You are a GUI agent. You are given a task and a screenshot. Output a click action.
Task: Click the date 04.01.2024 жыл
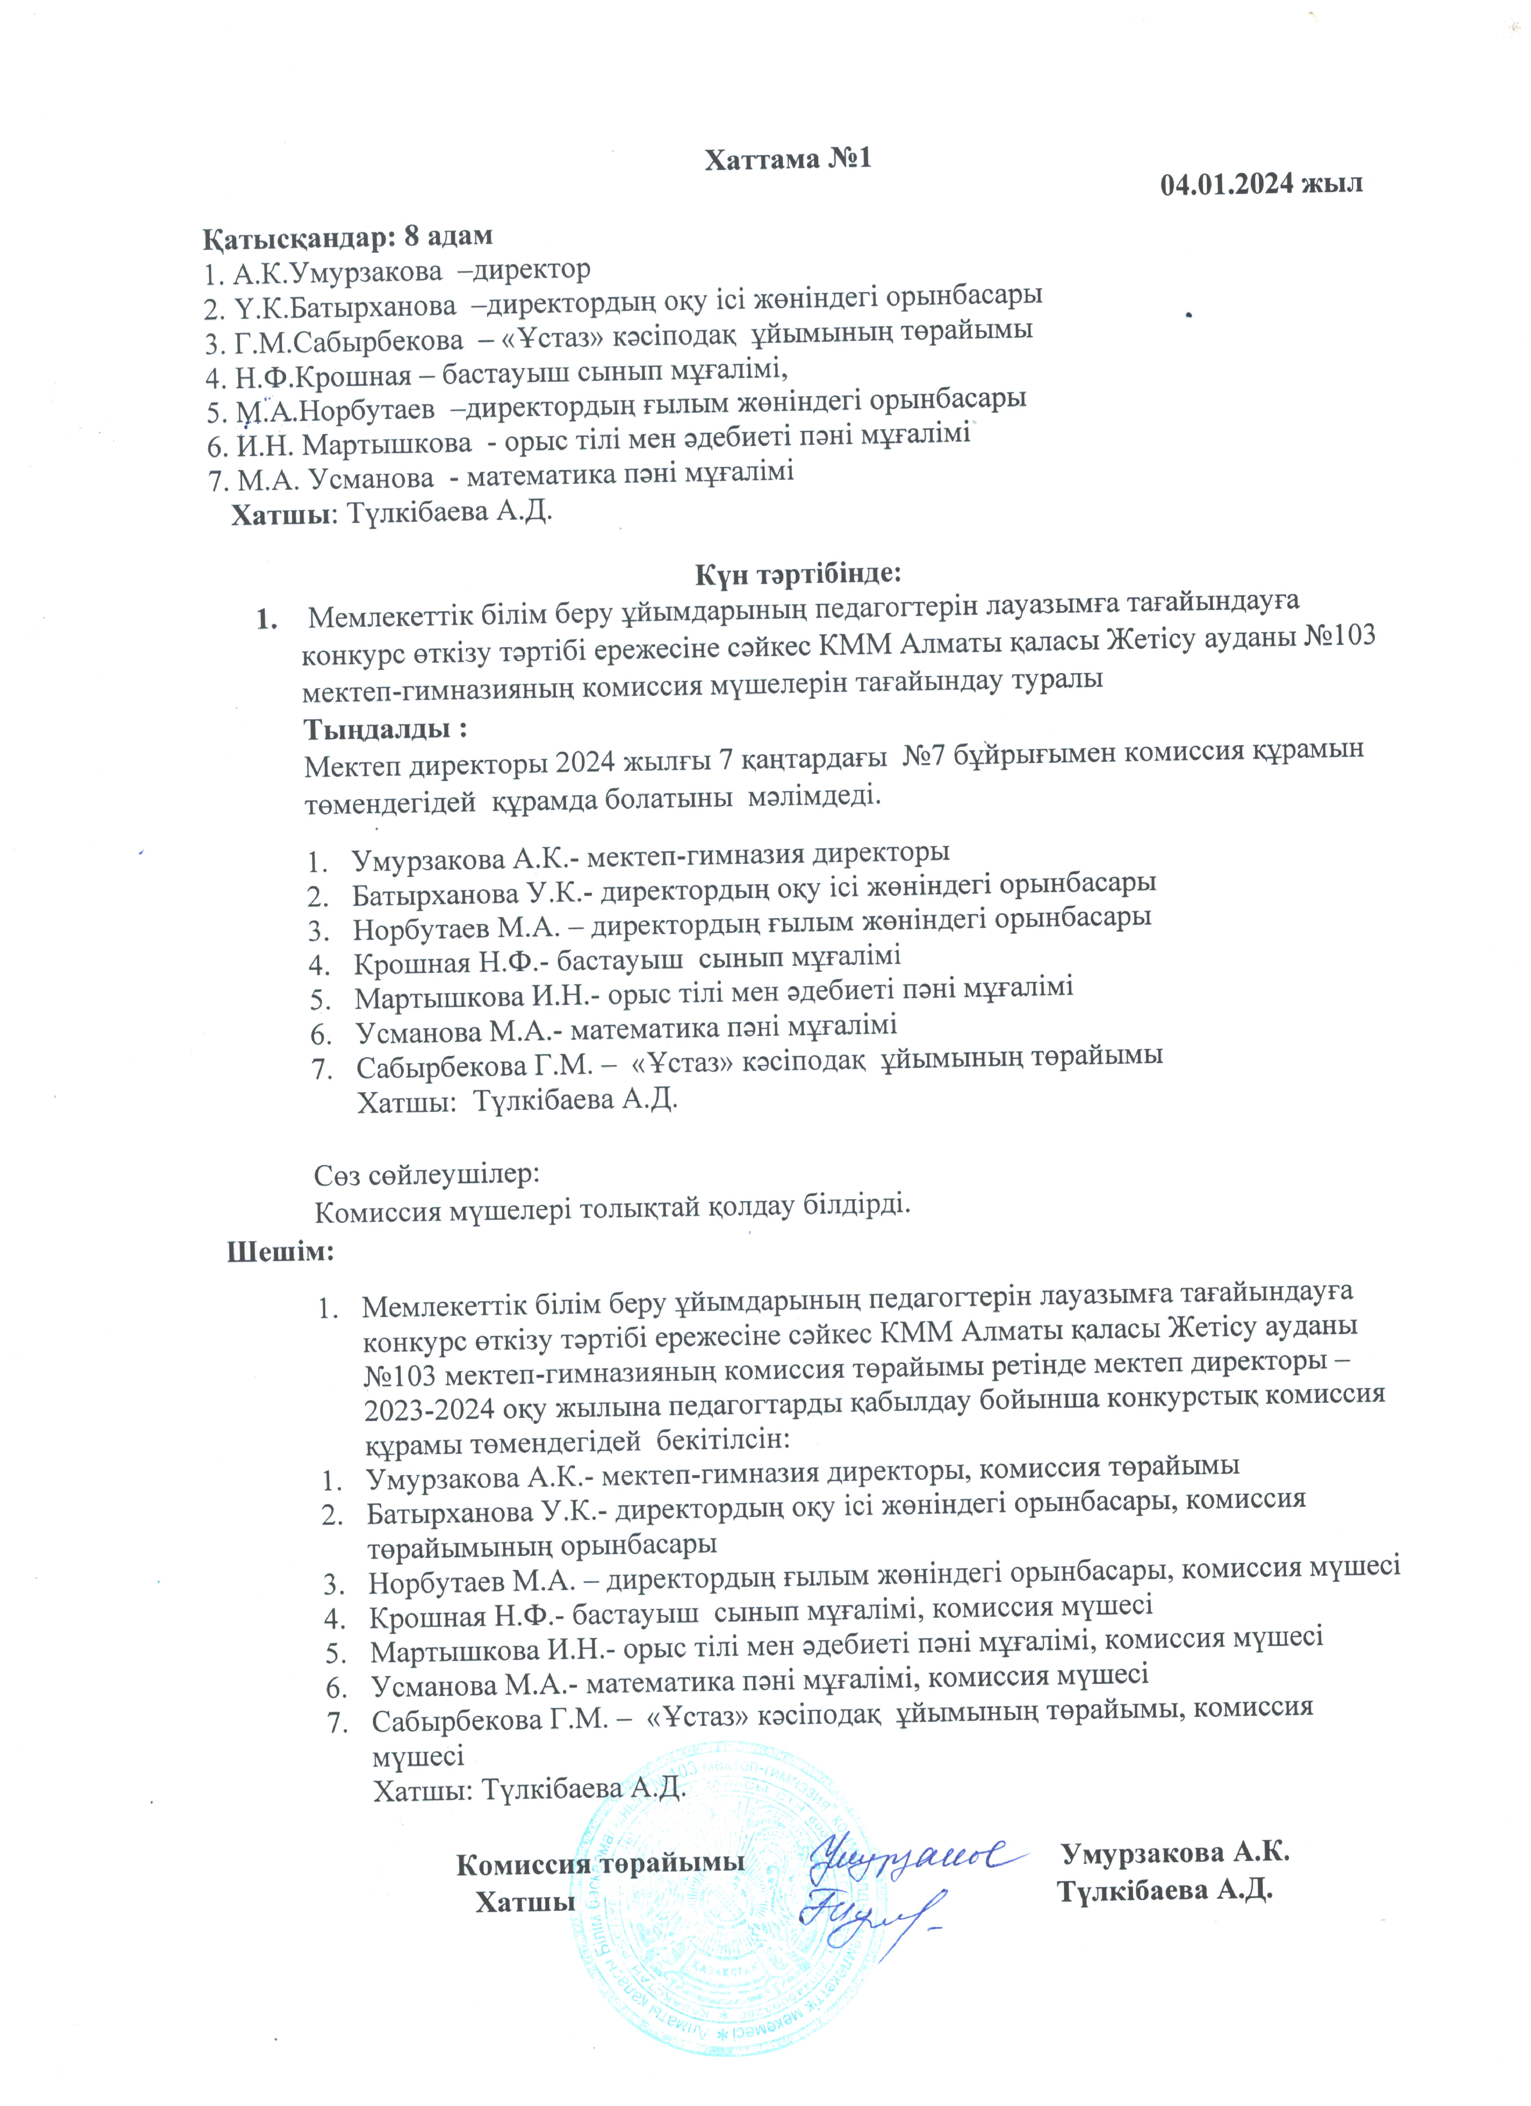click(x=1261, y=183)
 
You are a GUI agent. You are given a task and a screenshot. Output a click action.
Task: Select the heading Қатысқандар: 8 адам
click(x=347, y=237)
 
